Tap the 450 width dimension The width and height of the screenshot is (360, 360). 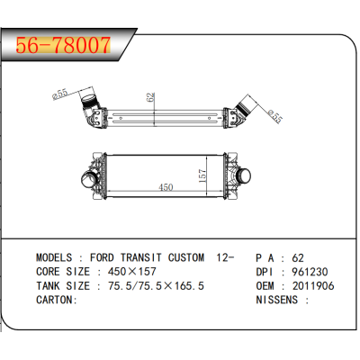(x=167, y=188)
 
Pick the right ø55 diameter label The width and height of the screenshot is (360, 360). (x=275, y=115)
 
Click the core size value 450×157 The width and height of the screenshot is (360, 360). (x=131, y=271)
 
